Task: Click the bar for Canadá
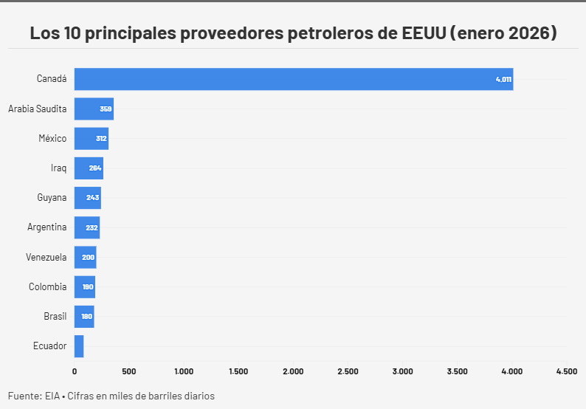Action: (x=293, y=79)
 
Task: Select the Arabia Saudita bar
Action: (x=94, y=109)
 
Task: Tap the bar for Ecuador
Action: (x=79, y=346)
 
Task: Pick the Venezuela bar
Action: (x=85, y=257)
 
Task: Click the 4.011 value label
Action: (x=503, y=79)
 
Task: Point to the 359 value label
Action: (x=106, y=109)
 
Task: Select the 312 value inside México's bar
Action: (x=101, y=138)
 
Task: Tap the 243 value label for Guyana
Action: (x=93, y=198)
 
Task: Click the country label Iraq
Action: (x=58, y=168)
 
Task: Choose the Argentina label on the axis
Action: (x=46, y=227)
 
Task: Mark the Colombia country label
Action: (x=47, y=286)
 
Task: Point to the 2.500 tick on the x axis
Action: (x=348, y=371)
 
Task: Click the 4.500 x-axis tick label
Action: (x=567, y=371)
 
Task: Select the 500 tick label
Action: (x=128, y=371)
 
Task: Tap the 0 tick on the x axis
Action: (x=75, y=371)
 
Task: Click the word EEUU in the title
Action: (x=421, y=33)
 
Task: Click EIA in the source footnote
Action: (x=52, y=396)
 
